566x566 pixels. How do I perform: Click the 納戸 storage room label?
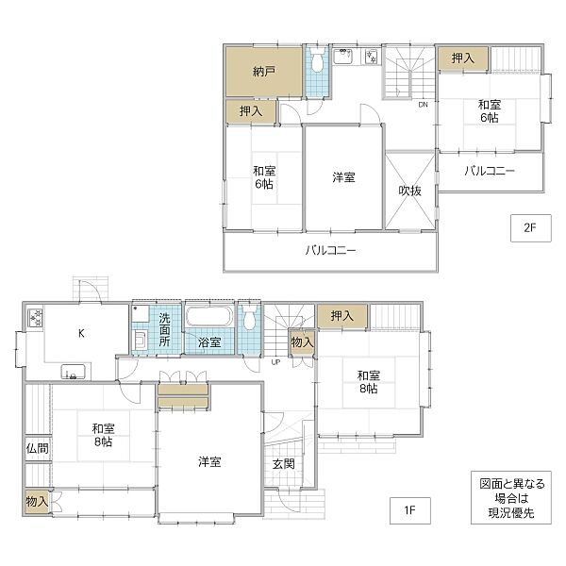(264, 72)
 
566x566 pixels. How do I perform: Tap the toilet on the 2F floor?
(317, 61)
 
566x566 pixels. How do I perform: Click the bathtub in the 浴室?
(209, 316)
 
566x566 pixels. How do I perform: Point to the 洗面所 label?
(164, 329)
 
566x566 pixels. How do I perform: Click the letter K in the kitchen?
(81, 333)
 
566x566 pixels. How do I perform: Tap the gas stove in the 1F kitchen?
(36, 318)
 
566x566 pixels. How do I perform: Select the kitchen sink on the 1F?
(74, 372)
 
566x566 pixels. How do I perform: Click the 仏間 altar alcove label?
(37, 448)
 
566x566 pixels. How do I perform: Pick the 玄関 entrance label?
(284, 464)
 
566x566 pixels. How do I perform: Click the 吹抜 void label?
(409, 191)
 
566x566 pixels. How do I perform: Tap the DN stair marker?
(423, 105)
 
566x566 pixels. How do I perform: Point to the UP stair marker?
(275, 362)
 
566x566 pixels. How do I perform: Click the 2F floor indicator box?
(530, 228)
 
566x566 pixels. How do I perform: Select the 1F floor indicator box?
(410, 510)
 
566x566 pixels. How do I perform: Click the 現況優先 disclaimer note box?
(511, 497)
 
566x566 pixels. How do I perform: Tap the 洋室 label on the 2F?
(343, 177)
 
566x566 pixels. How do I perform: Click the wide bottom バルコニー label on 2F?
(330, 250)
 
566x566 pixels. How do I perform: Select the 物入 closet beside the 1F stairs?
(302, 342)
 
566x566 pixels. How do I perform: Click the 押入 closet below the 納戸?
(251, 111)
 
